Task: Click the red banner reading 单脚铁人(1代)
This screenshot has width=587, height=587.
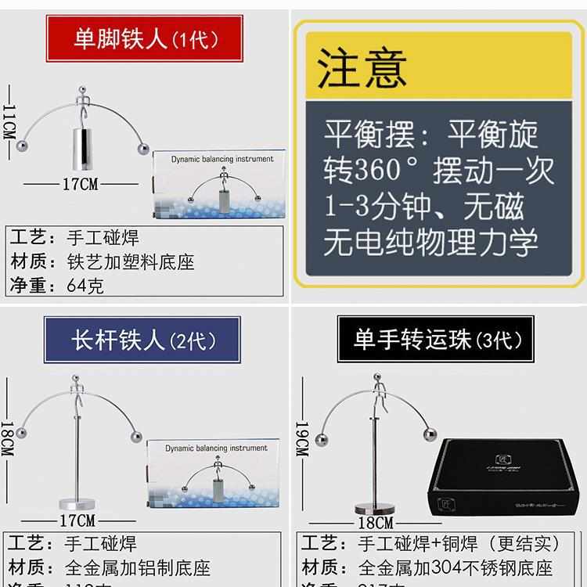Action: point(146,38)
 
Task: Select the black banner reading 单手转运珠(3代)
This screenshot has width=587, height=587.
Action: point(436,339)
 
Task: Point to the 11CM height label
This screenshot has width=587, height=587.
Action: point(9,121)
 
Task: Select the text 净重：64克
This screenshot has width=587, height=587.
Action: point(56,285)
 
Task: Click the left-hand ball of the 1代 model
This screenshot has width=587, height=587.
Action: point(24,146)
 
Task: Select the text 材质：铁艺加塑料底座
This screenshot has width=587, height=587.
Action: point(102,261)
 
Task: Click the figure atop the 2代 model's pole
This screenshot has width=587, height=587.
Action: point(77,391)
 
